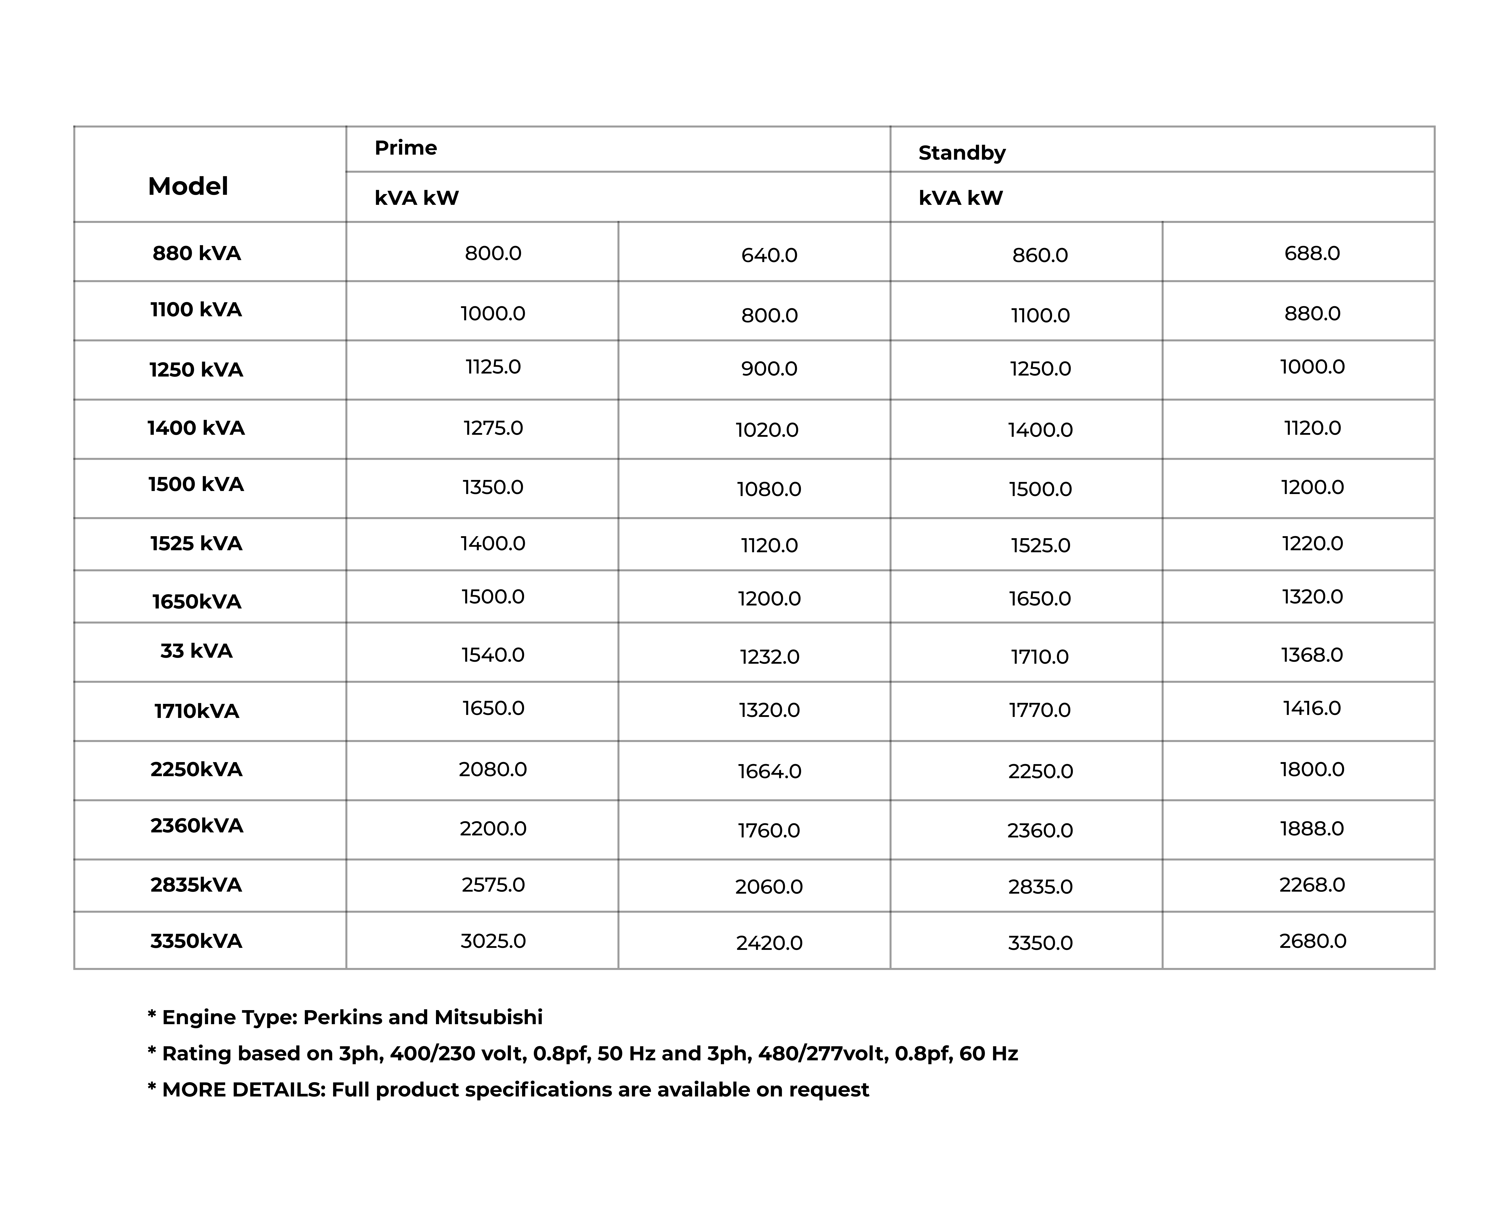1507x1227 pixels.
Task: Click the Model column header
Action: [x=188, y=187]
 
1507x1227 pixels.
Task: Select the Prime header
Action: [x=406, y=148]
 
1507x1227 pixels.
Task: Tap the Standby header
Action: [x=961, y=153]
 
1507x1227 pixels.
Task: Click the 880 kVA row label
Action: [x=197, y=253]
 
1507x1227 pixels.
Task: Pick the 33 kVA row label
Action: [x=197, y=651]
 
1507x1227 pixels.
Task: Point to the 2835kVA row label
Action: [x=197, y=885]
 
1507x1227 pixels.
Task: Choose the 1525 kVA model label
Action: [x=197, y=543]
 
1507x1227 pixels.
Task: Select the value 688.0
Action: [x=1312, y=253]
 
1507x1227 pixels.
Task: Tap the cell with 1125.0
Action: [x=493, y=367]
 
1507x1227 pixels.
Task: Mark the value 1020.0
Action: [x=767, y=430]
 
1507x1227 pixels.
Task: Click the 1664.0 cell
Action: [x=769, y=771]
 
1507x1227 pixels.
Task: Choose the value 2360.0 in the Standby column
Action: [x=1040, y=830]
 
